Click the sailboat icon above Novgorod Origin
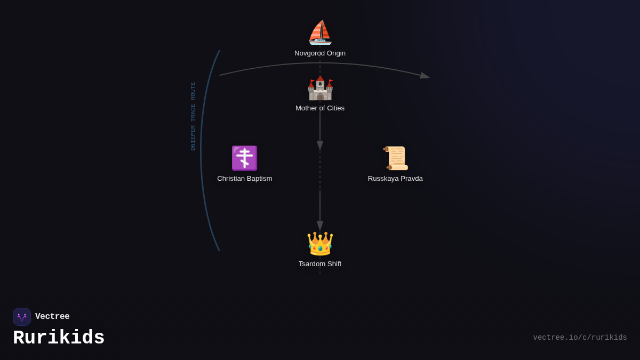pyautogui.click(x=320, y=33)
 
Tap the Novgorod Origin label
pyautogui.click(x=320, y=53)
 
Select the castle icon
pyautogui.click(x=320, y=88)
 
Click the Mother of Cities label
pyautogui.click(x=320, y=108)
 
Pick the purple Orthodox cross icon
pyautogui.click(x=245, y=158)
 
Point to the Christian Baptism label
pyautogui.click(x=245, y=179)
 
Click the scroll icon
pyautogui.click(x=395, y=158)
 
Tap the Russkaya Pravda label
pyautogui.click(x=395, y=179)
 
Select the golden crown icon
pyautogui.click(x=320, y=243)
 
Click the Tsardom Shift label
pyautogui.click(x=320, y=263)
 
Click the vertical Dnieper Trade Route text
pyautogui.click(x=193, y=116)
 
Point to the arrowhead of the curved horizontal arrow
pyautogui.click(x=425, y=76)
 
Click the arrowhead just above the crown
pyautogui.click(x=320, y=226)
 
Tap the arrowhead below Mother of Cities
pyautogui.click(x=320, y=146)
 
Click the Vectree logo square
pyautogui.click(x=22, y=317)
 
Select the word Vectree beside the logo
pyautogui.click(x=52, y=316)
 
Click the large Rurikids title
pyautogui.click(x=59, y=338)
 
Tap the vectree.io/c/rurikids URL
pyautogui.click(x=580, y=338)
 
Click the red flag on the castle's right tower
pyautogui.click(x=331, y=82)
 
